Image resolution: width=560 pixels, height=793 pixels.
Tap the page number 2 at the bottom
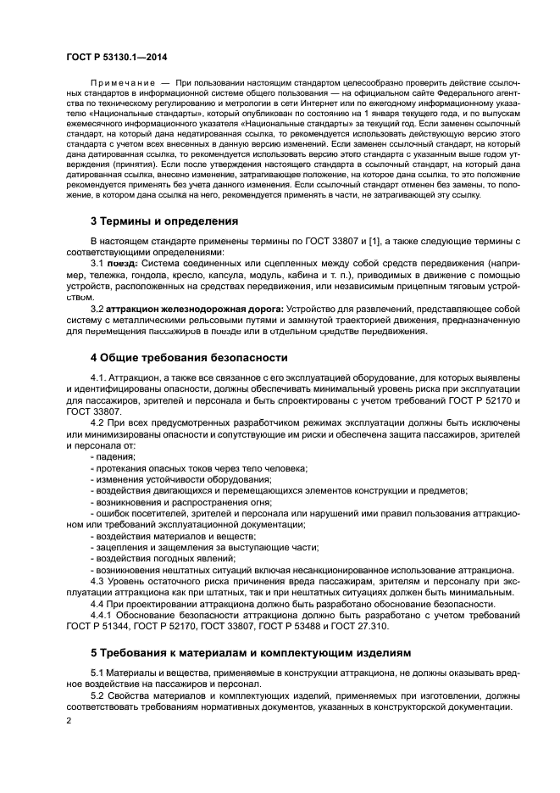69,721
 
